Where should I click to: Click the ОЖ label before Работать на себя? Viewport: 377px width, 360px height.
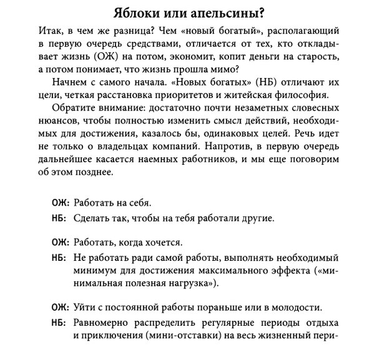[60, 203]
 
